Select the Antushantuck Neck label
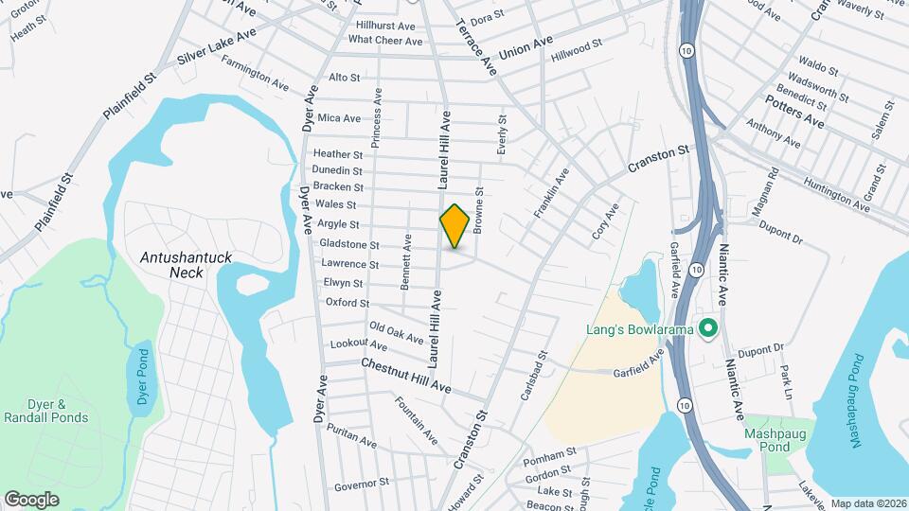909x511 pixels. tap(172, 264)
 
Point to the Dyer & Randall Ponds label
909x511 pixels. tap(45, 411)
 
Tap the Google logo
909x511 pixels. tap(31, 499)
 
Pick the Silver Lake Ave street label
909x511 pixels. tap(216, 46)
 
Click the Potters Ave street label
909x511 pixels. tap(795, 111)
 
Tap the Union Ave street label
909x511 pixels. tap(526, 48)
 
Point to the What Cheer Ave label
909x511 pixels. tap(385, 41)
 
